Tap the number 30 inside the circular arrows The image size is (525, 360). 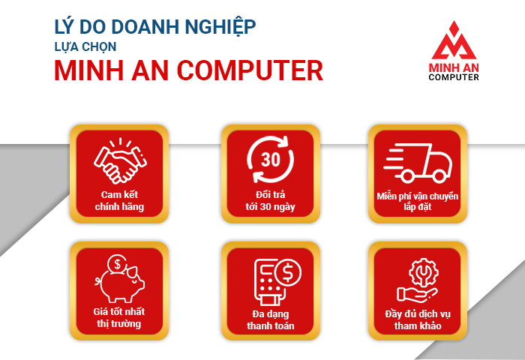(x=270, y=160)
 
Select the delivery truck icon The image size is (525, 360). (x=418, y=163)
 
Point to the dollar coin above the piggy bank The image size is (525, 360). (x=117, y=264)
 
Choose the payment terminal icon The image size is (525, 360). (x=277, y=282)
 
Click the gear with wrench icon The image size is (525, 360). (x=424, y=272)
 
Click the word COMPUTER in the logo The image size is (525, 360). (x=454, y=77)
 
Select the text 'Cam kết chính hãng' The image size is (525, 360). (x=119, y=200)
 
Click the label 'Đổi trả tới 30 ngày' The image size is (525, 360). (x=270, y=200)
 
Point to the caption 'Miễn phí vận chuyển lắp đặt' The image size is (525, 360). (x=417, y=201)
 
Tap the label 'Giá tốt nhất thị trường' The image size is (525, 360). (x=119, y=317)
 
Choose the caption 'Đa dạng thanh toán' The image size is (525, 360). (x=271, y=319)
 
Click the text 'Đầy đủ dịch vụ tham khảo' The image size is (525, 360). (x=418, y=319)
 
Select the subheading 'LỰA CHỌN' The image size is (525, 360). (x=85, y=46)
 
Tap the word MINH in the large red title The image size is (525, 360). (x=88, y=70)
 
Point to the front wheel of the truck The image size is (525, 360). (x=439, y=175)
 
